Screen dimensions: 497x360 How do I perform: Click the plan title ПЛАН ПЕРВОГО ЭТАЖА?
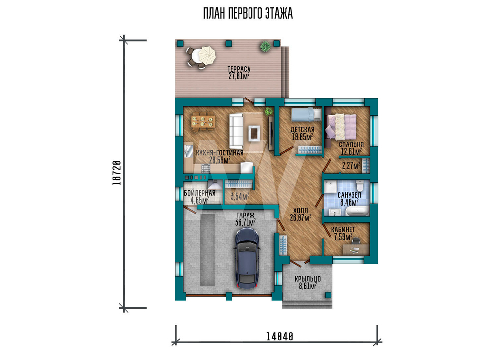(248, 14)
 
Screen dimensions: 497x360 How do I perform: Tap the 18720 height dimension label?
(117, 173)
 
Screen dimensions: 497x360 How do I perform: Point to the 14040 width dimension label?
(280, 336)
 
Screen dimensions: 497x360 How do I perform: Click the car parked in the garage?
(247, 259)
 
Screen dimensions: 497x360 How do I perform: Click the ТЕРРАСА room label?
(239, 69)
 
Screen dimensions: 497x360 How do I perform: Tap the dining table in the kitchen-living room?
(203, 122)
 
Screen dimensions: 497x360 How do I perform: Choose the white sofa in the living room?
(236, 132)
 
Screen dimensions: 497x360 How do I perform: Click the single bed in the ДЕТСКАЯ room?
(306, 114)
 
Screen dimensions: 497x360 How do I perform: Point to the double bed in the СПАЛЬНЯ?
(341, 126)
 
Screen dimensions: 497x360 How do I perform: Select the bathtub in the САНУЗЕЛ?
(357, 211)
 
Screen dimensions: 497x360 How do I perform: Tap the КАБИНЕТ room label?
(343, 230)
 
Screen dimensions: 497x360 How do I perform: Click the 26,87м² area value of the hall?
(300, 217)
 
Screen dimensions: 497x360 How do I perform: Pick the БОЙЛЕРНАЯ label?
(200, 193)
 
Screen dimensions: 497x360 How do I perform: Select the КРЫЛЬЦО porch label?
(308, 279)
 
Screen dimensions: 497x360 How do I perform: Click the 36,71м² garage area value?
(246, 222)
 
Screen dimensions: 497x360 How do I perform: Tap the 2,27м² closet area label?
(351, 165)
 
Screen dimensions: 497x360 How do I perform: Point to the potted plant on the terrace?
(265, 47)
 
